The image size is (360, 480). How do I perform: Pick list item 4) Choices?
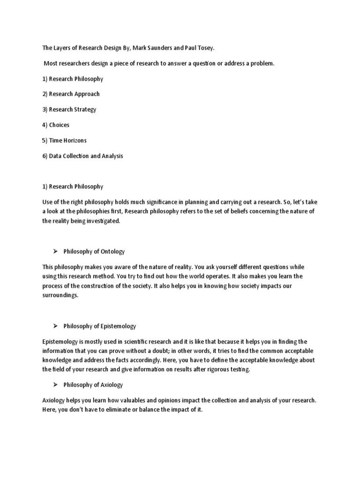click(x=55, y=125)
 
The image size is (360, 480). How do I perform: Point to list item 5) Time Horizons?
click(x=64, y=140)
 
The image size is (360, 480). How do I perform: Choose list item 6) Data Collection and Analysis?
click(x=82, y=156)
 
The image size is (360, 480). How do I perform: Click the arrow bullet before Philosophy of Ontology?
click(x=55, y=251)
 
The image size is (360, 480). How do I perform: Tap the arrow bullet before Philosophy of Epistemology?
click(x=55, y=326)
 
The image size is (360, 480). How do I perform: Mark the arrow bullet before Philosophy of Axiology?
click(x=55, y=384)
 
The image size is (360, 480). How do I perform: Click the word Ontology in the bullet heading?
click(x=113, y=252)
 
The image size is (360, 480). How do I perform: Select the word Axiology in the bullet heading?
click(x=112, y=385)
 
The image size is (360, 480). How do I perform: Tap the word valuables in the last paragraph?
click(x=120, y=401)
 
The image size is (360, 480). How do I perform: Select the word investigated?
click(x=104, y=221)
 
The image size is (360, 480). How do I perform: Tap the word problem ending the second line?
click(x=262, y=63)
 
